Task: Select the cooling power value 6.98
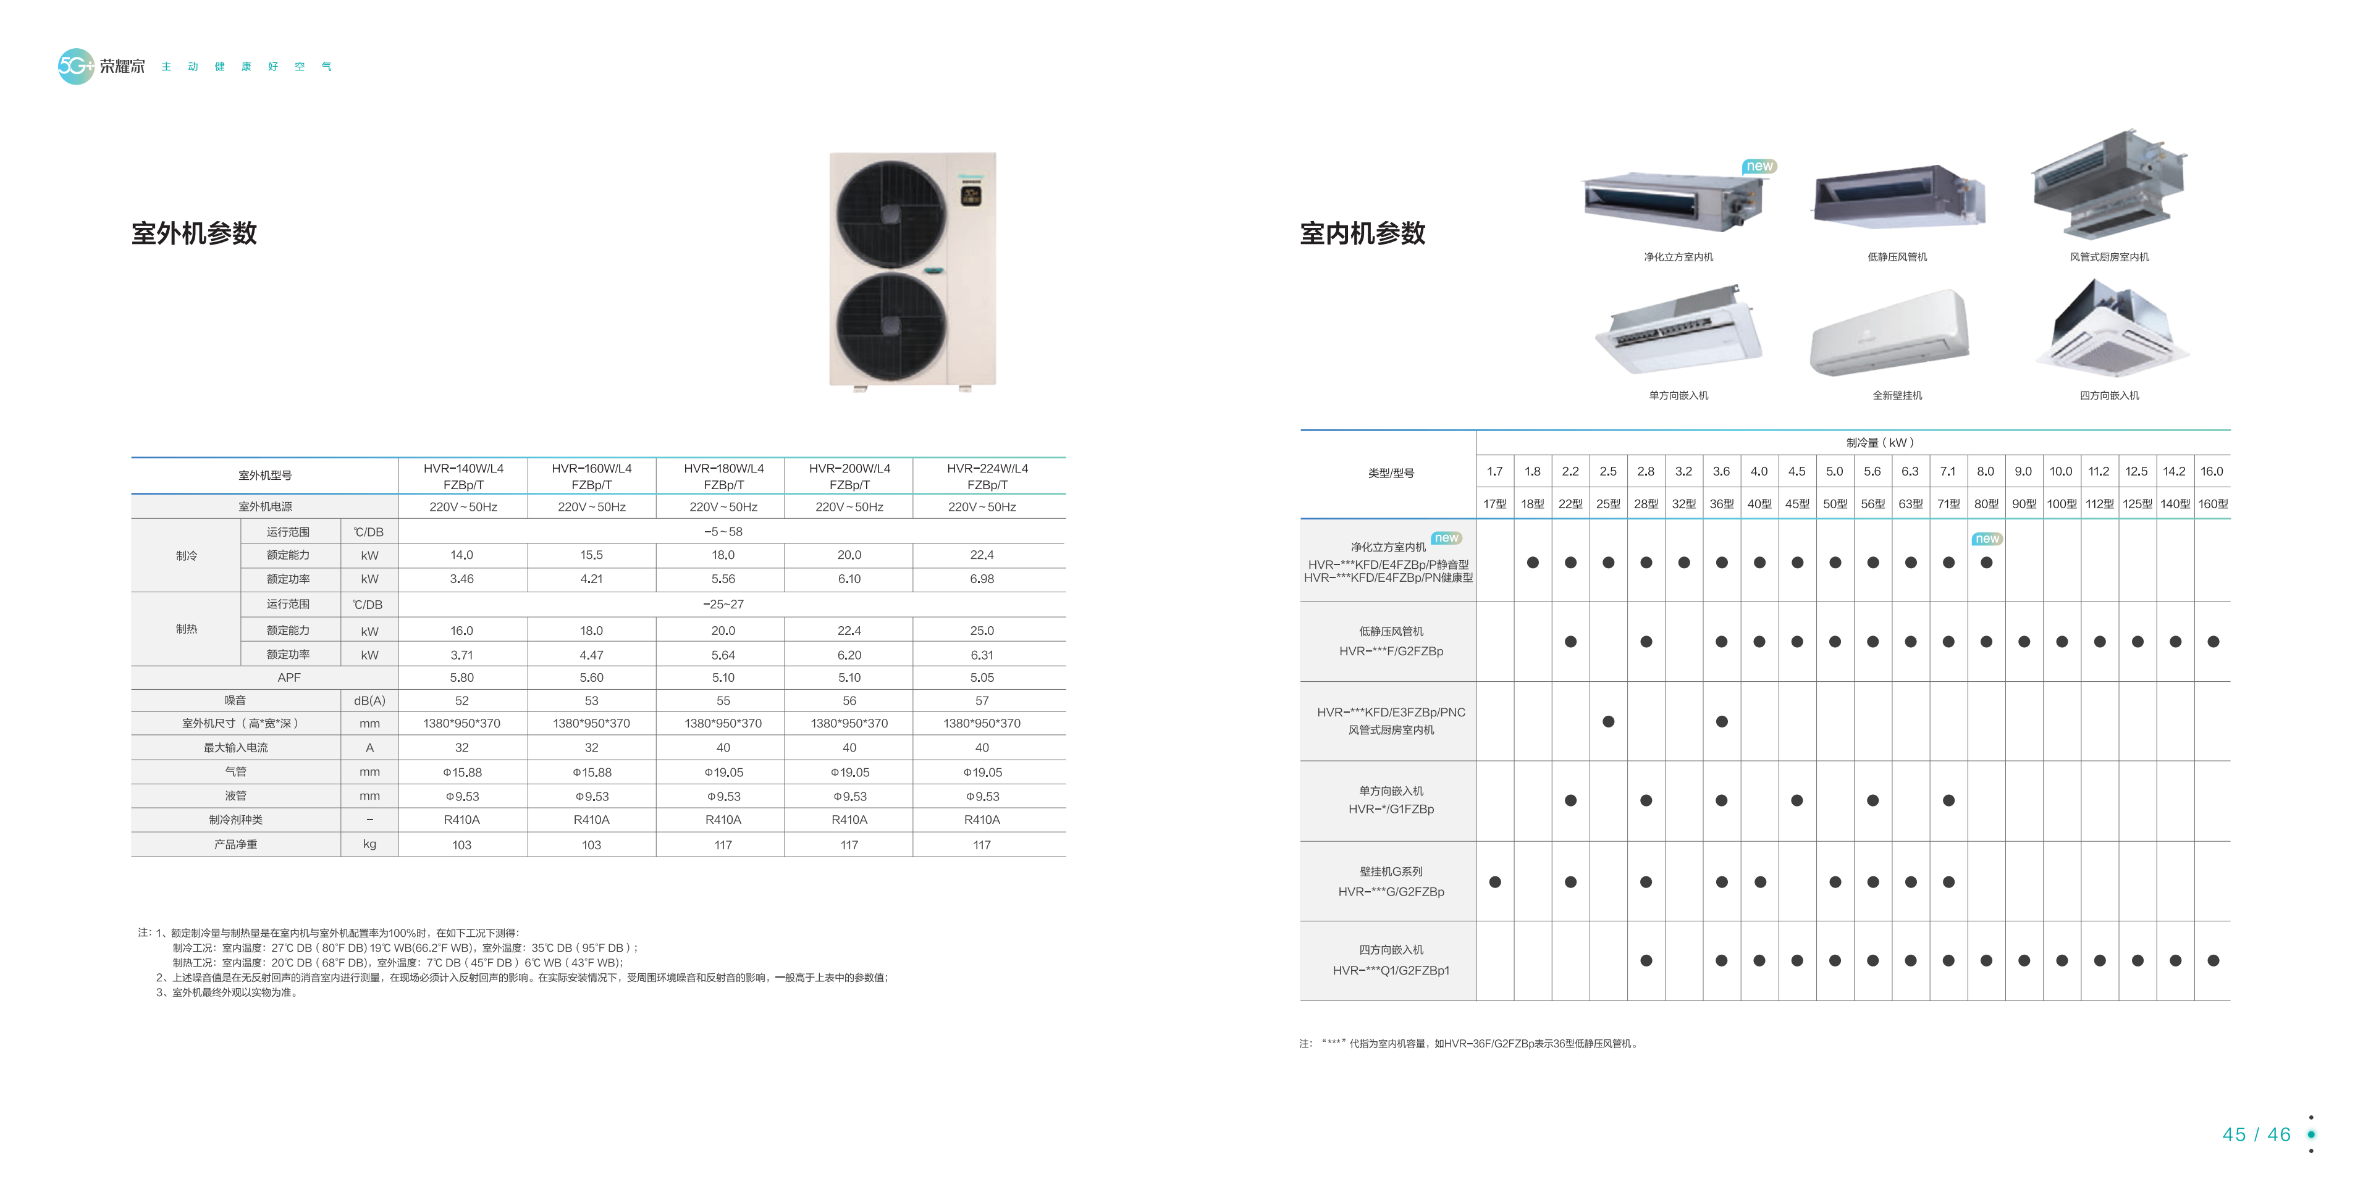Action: coord(982,579)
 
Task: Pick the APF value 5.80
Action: coord(461,677)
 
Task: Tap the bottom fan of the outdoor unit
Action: coord(890,327)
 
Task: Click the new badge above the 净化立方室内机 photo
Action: coord(1759,166)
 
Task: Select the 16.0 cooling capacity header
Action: coord(2212,471)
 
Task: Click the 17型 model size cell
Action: coord(1495,503)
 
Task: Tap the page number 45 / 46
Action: coord(2257,1134)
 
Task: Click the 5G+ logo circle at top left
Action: coord(75,66)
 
